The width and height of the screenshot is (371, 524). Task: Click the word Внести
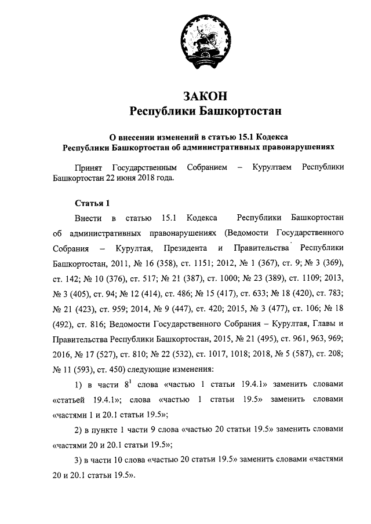click(x=88, y=218)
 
